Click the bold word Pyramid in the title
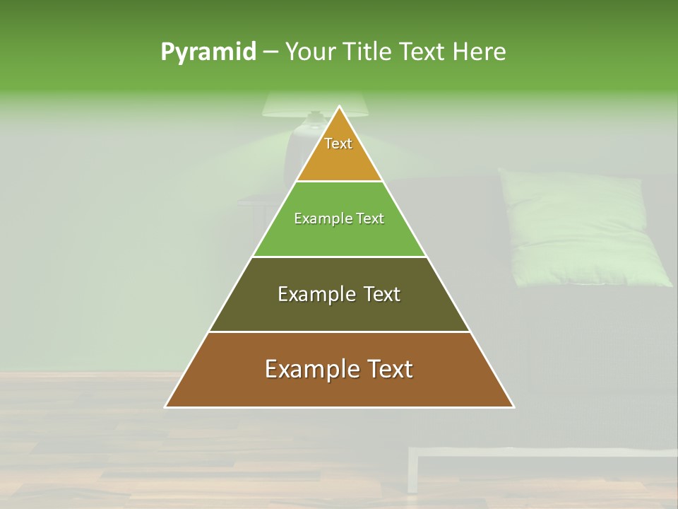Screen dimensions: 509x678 208,52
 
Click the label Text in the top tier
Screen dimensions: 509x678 338,144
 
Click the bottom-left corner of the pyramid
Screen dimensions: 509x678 166,406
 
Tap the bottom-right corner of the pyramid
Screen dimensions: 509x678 513,406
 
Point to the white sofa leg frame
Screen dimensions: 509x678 412,474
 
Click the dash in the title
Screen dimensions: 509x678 270,52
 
